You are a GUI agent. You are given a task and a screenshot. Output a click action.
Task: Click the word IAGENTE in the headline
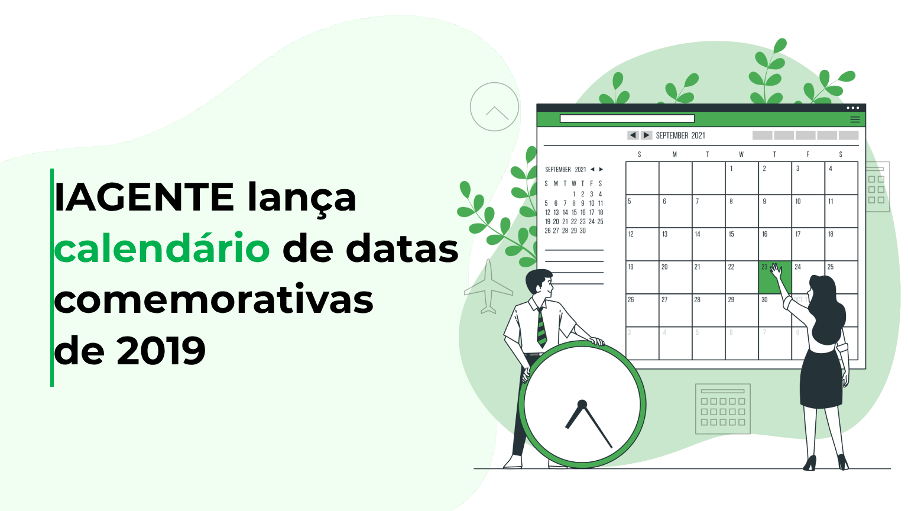[144, 198]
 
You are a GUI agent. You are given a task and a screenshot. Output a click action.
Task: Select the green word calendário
[162, 249]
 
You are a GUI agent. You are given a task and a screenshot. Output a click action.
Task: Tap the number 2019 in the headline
[161, 351]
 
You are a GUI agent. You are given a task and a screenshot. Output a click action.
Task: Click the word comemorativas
[213, 300]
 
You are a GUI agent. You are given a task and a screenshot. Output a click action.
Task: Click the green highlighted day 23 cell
[774, 277]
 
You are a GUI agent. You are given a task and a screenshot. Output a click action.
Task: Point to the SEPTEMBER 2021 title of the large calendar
[680, 135]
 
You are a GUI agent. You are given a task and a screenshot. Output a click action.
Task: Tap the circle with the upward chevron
[494, 107]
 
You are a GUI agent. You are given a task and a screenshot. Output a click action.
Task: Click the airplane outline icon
[488, 287]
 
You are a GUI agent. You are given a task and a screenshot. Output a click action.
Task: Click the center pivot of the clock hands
[582, 405]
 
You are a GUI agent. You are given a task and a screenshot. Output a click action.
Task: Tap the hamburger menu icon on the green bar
[855, 119]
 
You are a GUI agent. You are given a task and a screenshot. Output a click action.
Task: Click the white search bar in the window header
[627, 119]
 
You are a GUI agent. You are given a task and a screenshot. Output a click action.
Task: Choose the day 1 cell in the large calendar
[741, 178]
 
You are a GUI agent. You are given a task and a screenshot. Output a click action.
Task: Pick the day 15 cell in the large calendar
[741, 244]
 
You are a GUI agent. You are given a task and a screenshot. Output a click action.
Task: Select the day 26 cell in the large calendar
[642, 310]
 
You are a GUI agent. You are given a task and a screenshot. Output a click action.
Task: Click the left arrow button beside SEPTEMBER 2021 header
[633, 135]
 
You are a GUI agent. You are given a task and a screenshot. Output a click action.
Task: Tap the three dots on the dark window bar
[852, 108]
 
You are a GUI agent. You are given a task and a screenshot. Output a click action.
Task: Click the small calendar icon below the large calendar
[722, 409]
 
